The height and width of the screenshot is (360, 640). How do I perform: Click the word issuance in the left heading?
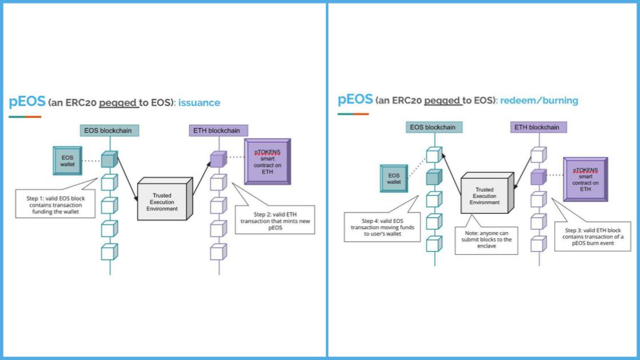coord(199,103)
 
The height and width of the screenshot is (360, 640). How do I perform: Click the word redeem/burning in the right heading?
coord(539,101)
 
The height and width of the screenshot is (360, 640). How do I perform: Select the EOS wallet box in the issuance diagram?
coord(68,161)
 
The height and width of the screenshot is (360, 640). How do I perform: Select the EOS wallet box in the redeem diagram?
coord(394,178)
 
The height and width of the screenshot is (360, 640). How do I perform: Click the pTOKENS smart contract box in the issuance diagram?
coord(268,161)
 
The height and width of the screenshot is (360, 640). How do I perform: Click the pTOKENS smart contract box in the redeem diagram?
coord(585,179)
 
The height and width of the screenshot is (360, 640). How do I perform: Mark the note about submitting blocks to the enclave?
coord(487,240)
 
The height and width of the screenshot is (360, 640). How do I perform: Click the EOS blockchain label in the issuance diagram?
coord(109,131)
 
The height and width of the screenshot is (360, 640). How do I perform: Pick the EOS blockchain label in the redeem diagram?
coord(433,127)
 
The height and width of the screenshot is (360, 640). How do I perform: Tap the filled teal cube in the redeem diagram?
coord(434,177)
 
